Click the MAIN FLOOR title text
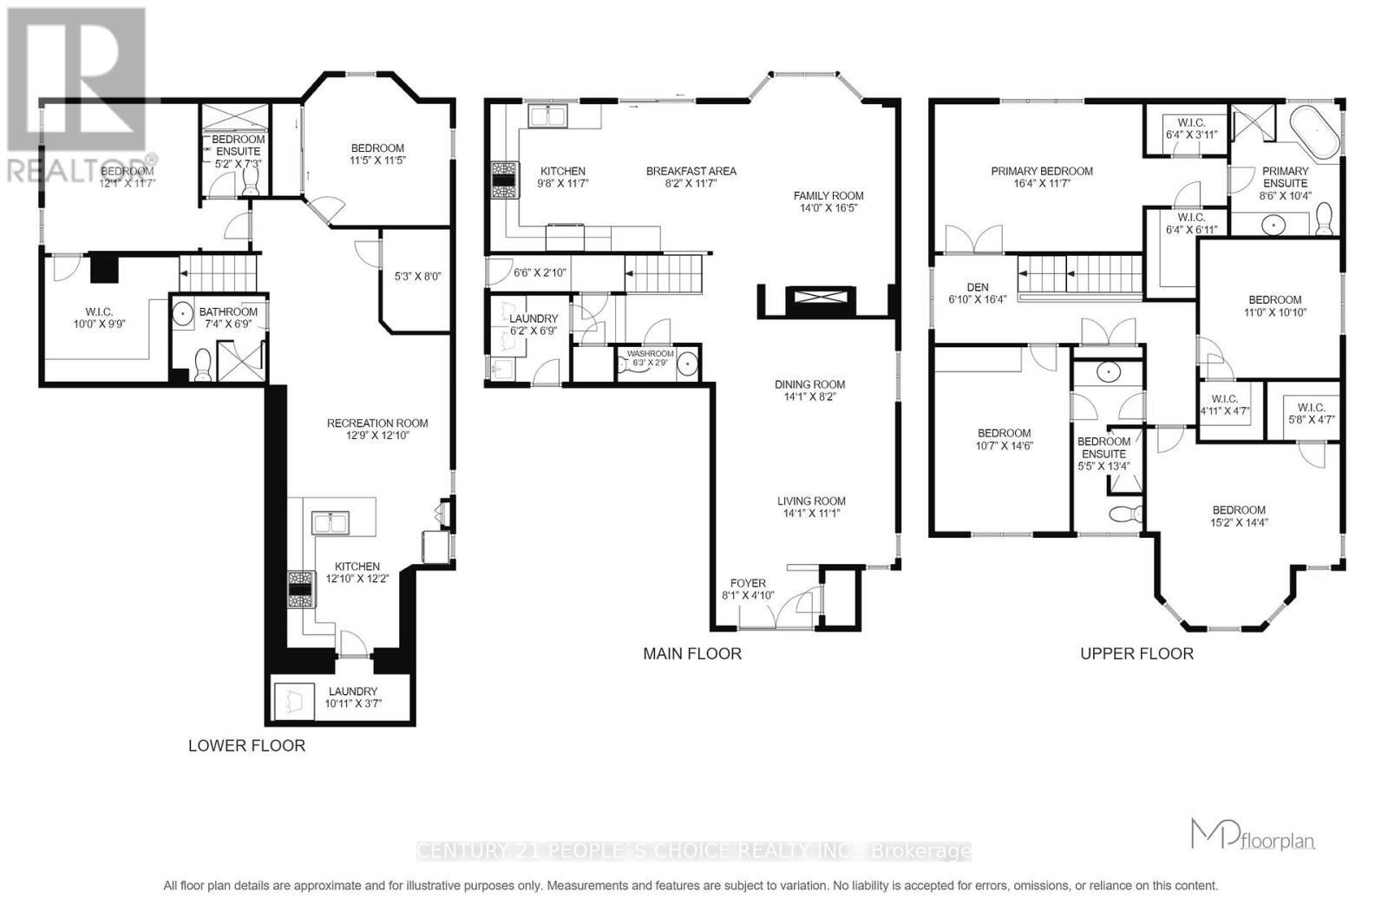[x=691, y=653]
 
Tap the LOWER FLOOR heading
[x=246, y=745]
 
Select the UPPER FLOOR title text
[x=1136, y=653]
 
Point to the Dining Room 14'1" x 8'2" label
[x=809, y=390]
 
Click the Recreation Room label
[x=377, y=429]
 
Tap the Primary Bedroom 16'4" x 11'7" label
[x=1042, y=177]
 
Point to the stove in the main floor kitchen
[x=503, y=180]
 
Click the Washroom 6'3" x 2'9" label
[x=650, y=357]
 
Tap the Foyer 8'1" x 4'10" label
[x=748, y=589]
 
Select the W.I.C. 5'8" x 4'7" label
[x=1311, y=413]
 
